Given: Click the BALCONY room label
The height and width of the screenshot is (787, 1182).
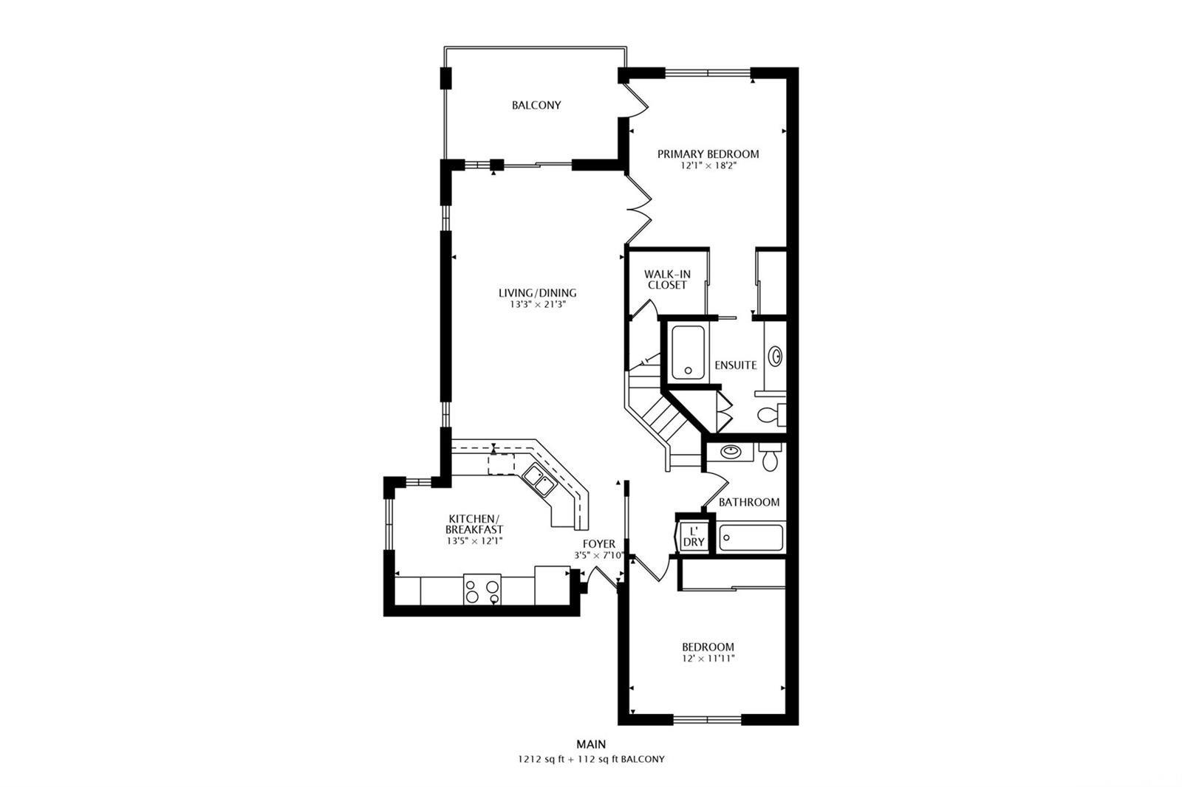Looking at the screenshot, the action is coord(536,105).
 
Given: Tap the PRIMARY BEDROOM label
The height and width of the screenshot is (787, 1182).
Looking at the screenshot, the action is coord(708,154).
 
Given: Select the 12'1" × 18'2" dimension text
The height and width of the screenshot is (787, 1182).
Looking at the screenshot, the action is coord(708,165).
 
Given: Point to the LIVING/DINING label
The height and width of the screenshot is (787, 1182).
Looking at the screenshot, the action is coord(537,293).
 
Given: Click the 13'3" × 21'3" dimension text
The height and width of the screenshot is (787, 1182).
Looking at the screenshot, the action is coord(538,304).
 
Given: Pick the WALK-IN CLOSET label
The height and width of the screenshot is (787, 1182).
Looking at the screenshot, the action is coord(667,280).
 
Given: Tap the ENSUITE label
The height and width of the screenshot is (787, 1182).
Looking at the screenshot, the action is coord(736,365).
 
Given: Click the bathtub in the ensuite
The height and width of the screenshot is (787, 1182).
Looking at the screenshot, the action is coord(688,352).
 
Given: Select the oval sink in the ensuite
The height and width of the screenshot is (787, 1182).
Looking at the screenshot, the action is coord(775,356).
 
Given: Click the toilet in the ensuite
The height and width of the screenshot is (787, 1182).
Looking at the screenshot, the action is coord(771,414).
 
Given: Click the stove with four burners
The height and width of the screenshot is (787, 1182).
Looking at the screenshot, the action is coord(482,589).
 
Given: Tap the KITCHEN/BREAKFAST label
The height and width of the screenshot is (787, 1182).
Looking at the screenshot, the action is coord(474,523).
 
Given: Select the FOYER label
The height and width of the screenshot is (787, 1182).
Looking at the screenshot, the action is coord(599,544).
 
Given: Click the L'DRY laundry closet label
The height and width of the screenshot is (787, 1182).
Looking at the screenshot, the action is coord(694,537).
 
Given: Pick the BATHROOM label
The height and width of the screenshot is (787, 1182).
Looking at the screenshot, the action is coord(749,502).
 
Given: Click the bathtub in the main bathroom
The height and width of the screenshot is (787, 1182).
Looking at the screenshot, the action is coord(751,538).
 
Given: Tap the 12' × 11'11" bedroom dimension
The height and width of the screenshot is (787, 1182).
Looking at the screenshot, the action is coord(708,659).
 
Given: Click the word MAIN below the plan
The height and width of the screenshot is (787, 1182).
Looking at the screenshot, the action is coord(591,744).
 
